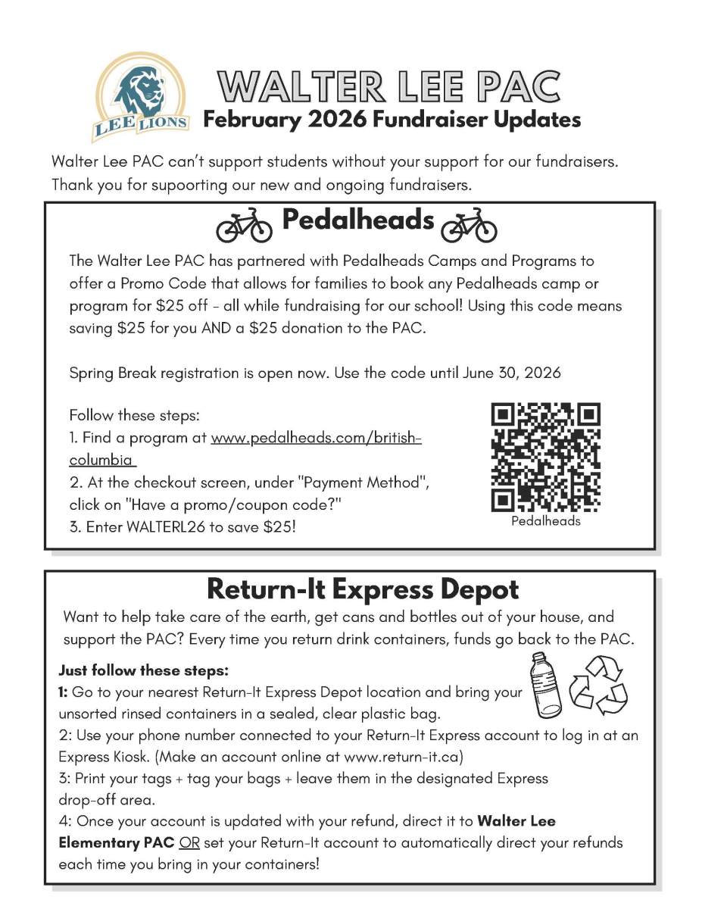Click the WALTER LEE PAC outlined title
(388, 87)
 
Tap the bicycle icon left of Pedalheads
(244, 223)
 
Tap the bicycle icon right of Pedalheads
(469, 224)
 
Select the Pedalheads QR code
(545, 457)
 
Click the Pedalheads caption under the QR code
(545, 521)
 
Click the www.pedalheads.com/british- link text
(316, 439)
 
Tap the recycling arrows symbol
(599, 686)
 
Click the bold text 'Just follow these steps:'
(143, 671)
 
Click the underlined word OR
(189, 842)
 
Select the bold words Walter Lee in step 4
(516, 821)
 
